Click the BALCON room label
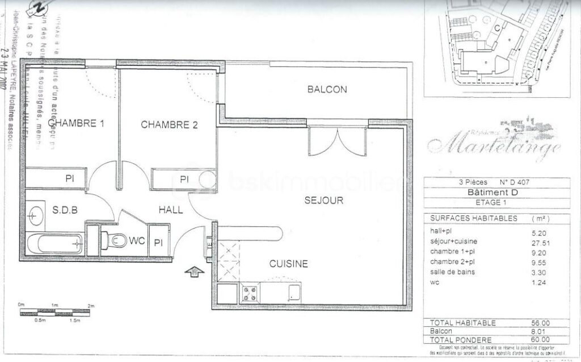pyautogui.click(x=327, y=89)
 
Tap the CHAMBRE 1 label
pyautogui.click(x=76, y=124)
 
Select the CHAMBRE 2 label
pyautogui.click(x=169, y=124)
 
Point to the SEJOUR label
pyautogui.click(x=323, y=200)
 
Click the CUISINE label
pyautogui.click(x=288, y=264)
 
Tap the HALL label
pyautogui.click(x=170, y=210)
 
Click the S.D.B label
pyautogui.click(x=64, y=210)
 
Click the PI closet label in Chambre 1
pyautogui.click(x=70, y=178)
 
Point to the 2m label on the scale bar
pyautogui.click(x=91, y=306)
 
